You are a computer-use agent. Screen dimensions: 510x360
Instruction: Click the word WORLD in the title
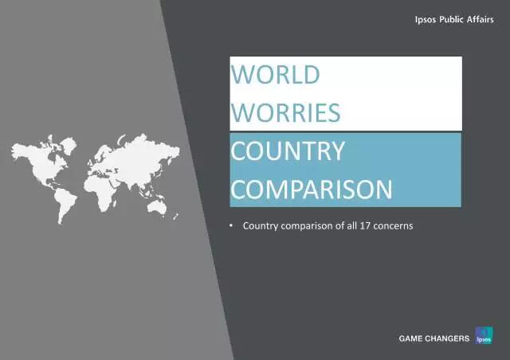(x=275, y=75)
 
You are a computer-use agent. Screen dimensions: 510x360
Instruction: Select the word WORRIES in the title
(x=285, y=113)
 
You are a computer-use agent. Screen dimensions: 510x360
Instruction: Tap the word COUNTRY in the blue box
(x=288, y=151)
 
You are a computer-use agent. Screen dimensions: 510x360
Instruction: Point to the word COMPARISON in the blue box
(x=312, y=190)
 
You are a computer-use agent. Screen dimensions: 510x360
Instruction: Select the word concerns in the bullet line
(x=393, y=225)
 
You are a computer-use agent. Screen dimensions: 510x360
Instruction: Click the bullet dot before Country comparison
(x=231, y=225)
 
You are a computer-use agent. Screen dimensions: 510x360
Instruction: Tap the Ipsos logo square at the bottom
(x=484, y=335)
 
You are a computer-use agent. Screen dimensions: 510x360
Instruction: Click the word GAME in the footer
(x=410, y=338)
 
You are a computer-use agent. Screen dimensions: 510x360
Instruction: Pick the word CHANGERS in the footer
(x=447, y=338)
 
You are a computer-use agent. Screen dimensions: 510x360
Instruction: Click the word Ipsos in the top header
(x=426, y=20)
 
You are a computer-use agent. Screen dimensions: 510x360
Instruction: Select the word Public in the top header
(x=451, y=19)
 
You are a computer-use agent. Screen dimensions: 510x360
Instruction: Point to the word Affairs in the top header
(x=480, y=19)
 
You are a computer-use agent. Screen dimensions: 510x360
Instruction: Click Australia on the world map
(x=157, y=208)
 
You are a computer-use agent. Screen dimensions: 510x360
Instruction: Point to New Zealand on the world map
(x=175, y=217)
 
